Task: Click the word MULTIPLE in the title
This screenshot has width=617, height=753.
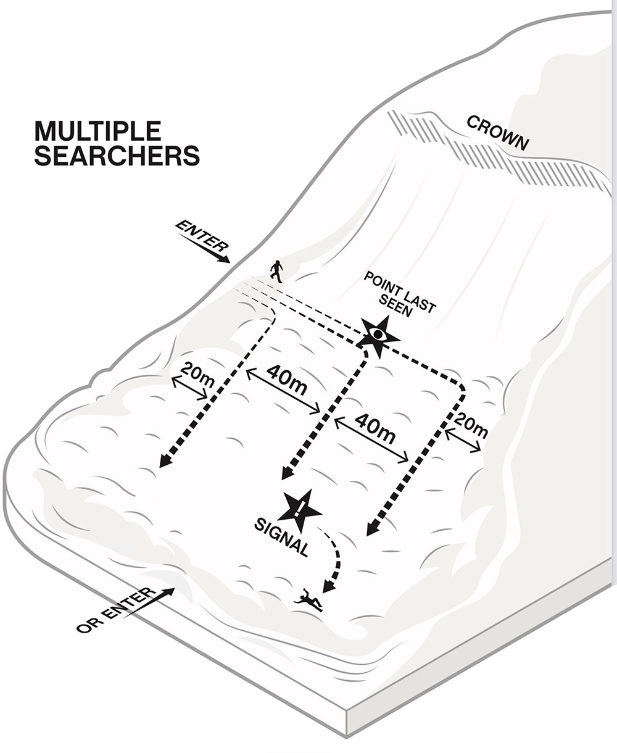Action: pyautogui.click(x=98, y=131)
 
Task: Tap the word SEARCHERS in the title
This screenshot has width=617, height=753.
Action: pyautogui.click(x=117, y=155)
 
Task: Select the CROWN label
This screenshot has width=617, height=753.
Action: pyautogui.click(x=498, y=133)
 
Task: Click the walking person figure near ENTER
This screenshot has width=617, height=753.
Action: pyautogui.click(x=276, y=272)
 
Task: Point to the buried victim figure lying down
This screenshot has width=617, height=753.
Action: pyautogui.click(x=309, y=599)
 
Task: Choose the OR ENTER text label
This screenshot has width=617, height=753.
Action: pyautogui.click(x=114, y=611)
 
